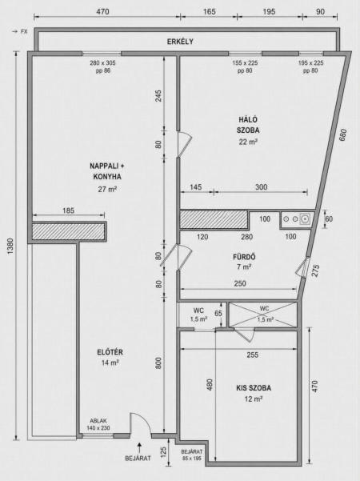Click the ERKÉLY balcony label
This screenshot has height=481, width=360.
pyautogui.click(x=180, y=42)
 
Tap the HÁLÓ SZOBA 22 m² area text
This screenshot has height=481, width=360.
pyautogui.click(x=248, y=142)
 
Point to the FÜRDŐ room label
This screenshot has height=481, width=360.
pyautogui.click(x=244, y=257)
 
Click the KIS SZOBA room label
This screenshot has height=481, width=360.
pyautogui.click(x=254, y=388)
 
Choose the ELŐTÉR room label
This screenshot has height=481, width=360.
pyautogui.click(x=110, y=352)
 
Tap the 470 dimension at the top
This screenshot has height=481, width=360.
pyautogui.click(x=102, y=12)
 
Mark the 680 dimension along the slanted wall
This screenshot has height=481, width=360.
pyautogui.click(x=343, y=135)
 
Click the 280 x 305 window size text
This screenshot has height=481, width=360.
pyautogui.click(x=102, y=63)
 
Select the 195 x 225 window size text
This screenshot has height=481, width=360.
pyautogui.click(x=310, y=63)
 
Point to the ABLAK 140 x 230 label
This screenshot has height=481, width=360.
pyautogui.click(x=98, y=424)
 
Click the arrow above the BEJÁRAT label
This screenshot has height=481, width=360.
pyautogui.click(x=139, y=447)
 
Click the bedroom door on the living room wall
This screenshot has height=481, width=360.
pyautogui.click(x=184, y=144)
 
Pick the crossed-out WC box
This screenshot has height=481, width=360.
pyautogui.click(x=263, y=315)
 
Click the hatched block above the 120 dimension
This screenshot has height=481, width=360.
pyautogui.click(x=214, y=219)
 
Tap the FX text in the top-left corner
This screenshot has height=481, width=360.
pyautogui.click(x=24, y=31)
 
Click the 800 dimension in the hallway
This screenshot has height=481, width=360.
pyautogui.click(x=158, y=363)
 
